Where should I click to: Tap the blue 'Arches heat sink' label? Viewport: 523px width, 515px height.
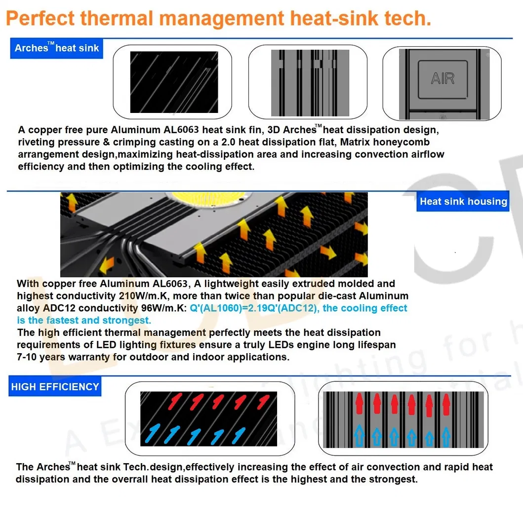57,48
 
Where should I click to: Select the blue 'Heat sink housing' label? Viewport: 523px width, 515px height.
463,201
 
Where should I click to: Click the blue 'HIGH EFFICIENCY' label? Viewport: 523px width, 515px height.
55,387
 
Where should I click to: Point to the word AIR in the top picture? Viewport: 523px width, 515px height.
443,78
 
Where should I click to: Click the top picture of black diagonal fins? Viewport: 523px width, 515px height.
174,82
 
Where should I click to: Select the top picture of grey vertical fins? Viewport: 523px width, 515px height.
310,82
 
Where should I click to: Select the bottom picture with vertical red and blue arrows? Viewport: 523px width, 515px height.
403,418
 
